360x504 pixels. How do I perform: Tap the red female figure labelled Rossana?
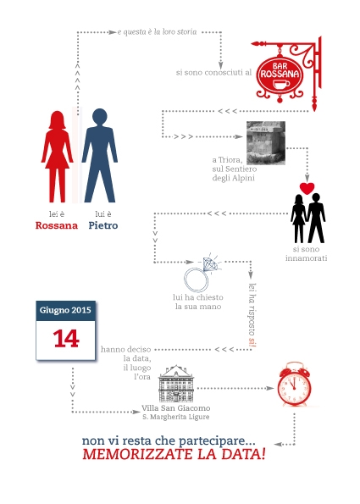click(x=58, y=157)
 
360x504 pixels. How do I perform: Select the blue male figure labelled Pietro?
click(x=100, y=156)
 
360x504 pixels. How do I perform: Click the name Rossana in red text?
click(x=57, y=225)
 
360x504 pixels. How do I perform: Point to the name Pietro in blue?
click(x=103, y=225)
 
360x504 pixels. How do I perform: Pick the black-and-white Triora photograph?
click(x=266, y=142)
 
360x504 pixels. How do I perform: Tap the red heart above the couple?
click(x=307, y=189)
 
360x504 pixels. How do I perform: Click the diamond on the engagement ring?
click(x=211, y=264)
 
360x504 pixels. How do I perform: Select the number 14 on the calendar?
click(x=66, y=339)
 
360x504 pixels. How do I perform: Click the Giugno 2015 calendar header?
click(x=65, y=311)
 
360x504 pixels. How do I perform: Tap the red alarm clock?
click(x=294, y=384)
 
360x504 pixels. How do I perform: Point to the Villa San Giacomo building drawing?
click(x=176, y=384)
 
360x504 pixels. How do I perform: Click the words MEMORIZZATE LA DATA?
click(x=174, y=455)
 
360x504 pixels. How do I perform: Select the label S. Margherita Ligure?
click(x=176, y=417)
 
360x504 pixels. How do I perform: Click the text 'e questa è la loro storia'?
click(x=158, y=32)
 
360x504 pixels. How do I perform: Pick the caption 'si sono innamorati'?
click(x=306, y=253)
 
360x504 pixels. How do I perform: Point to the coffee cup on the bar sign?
click(x=281, y=85)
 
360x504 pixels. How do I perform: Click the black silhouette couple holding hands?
click(x=308, y=219)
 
